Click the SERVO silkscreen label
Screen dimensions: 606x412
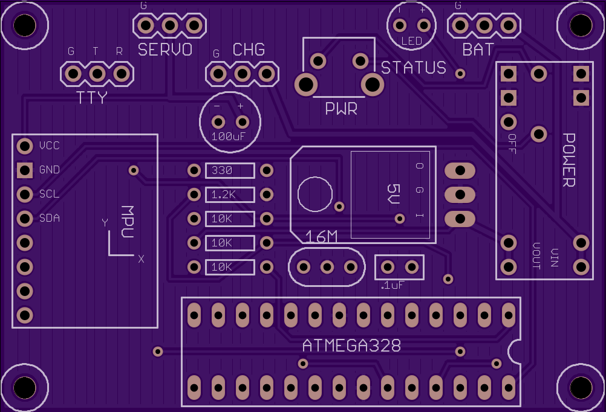(165, 50)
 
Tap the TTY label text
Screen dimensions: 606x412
(91, 98)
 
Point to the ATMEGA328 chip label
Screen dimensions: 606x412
(352, 346)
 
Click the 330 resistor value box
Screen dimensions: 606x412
(230, 170)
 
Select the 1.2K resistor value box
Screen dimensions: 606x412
(230, 195)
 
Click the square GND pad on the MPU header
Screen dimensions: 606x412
(25, 170)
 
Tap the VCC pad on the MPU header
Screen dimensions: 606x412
(25, 146)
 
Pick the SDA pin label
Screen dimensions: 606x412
(50, 218)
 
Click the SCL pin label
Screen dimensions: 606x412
(50, 194)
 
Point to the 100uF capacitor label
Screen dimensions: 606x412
(228, 137)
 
